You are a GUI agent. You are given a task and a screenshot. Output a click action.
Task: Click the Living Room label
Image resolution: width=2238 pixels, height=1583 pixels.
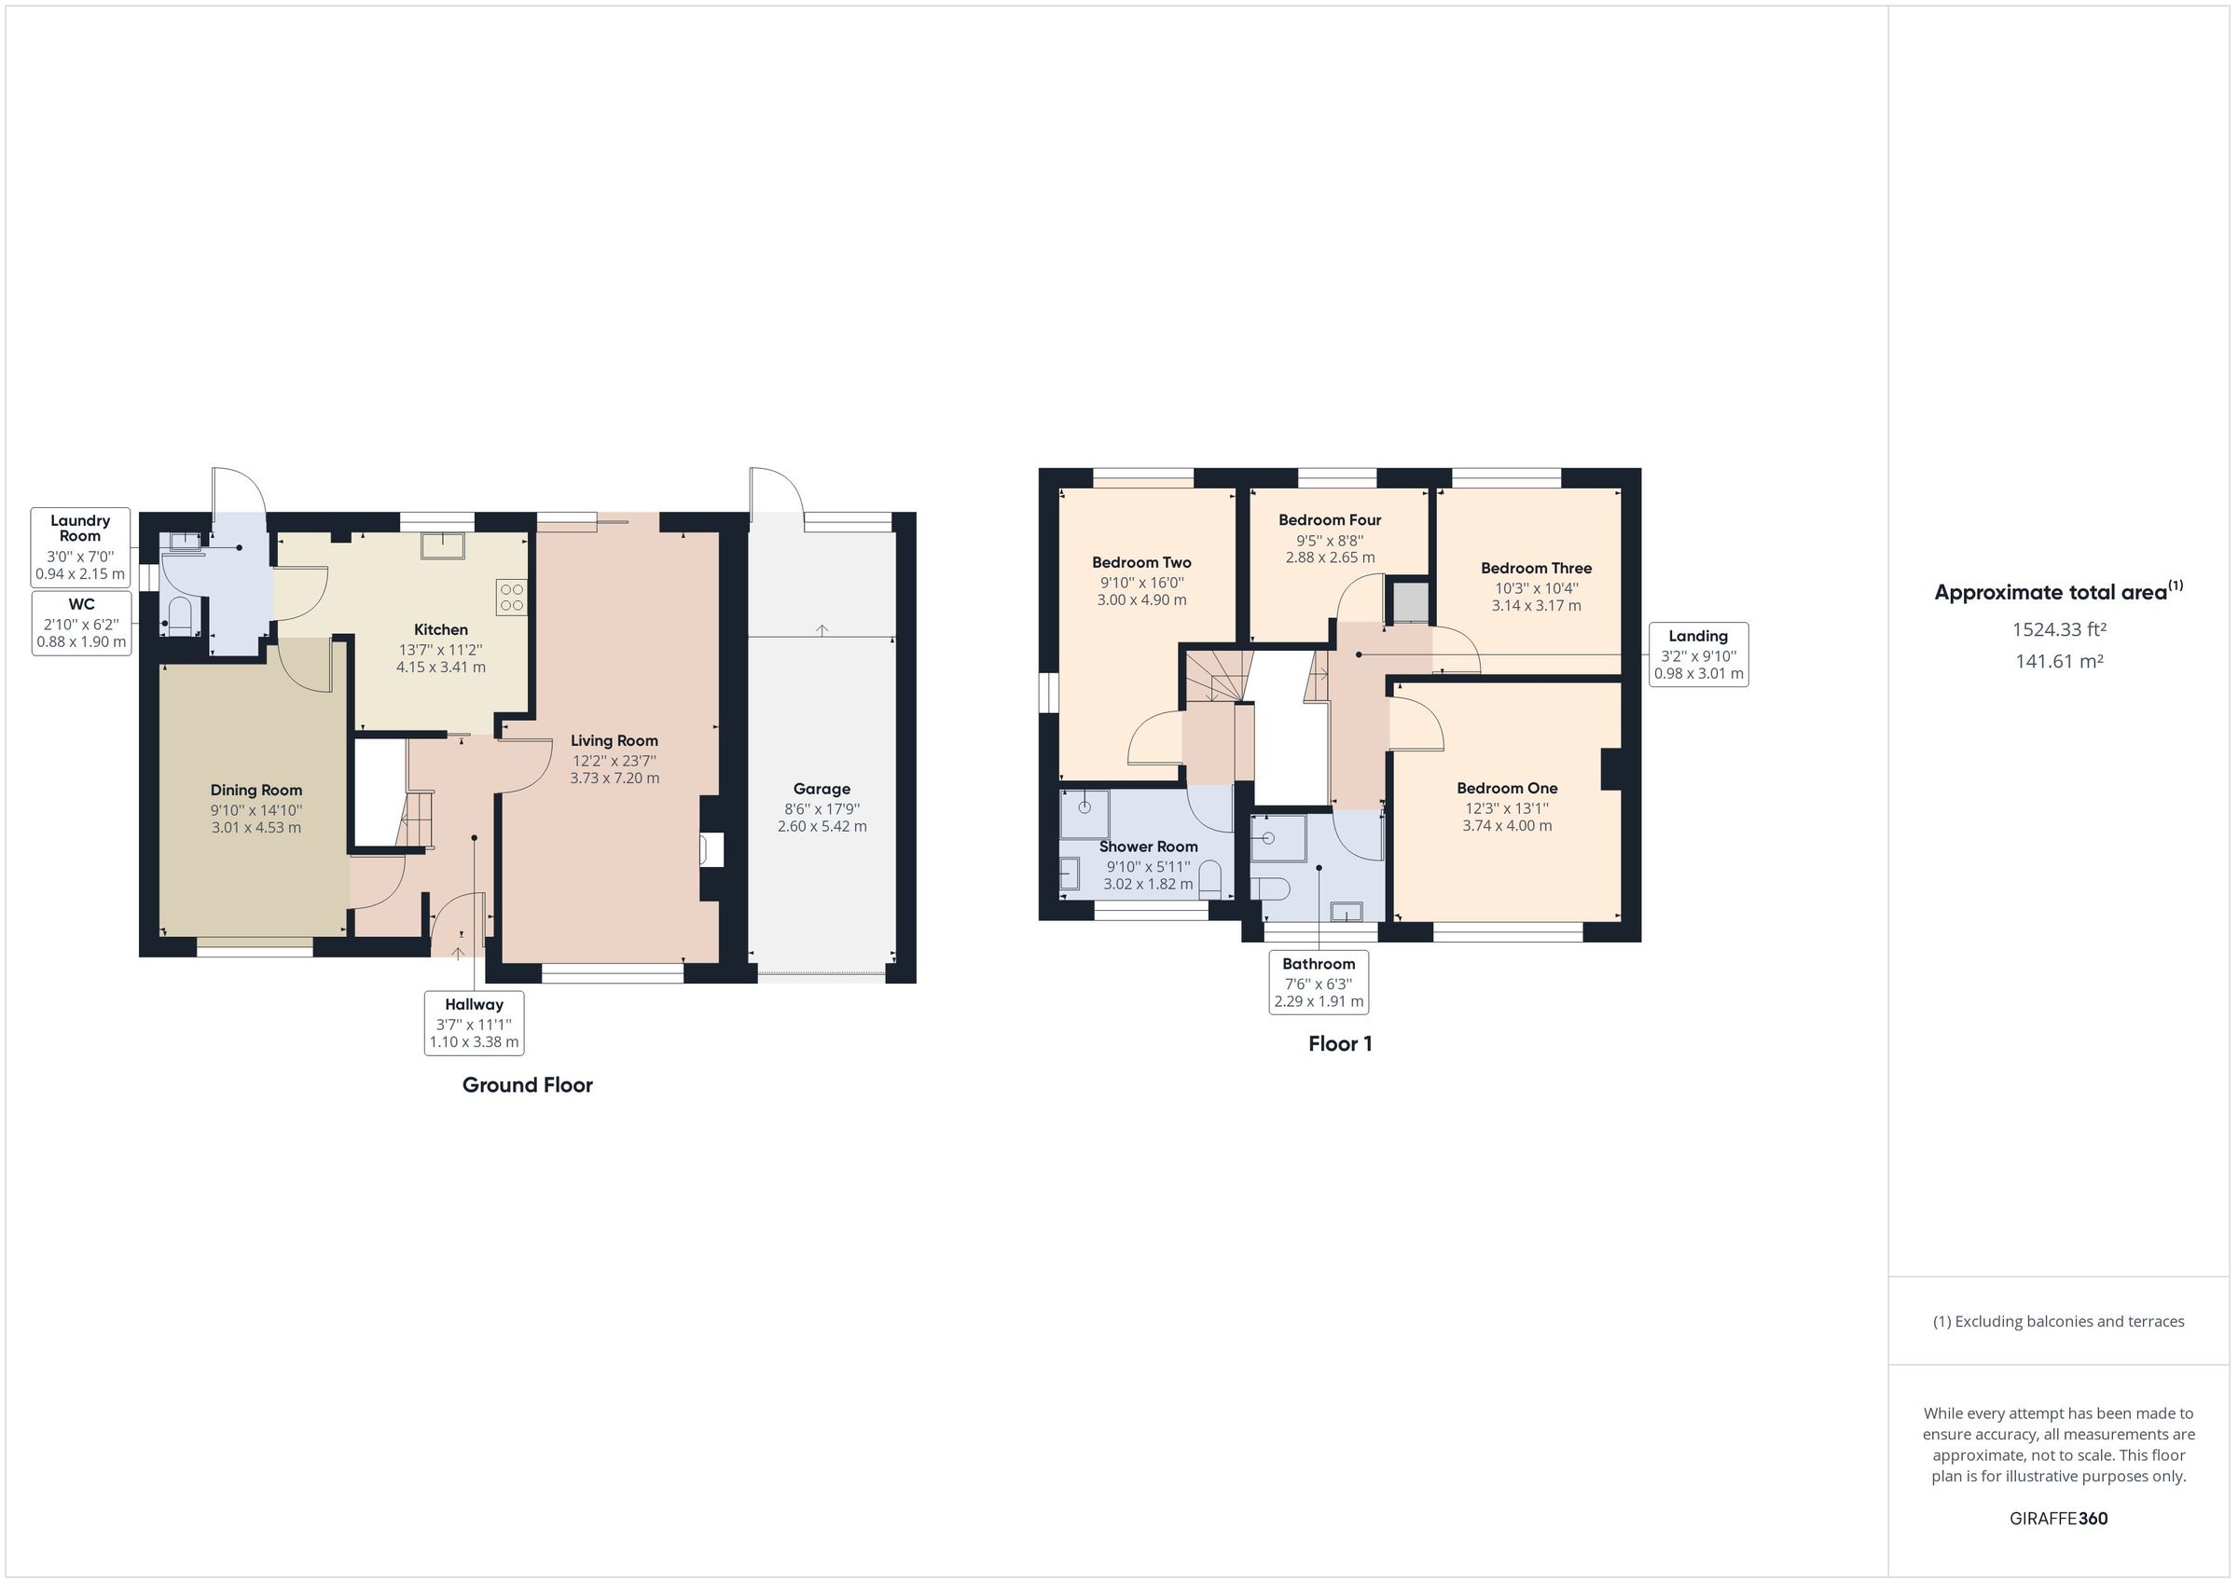click(x=615, y=741)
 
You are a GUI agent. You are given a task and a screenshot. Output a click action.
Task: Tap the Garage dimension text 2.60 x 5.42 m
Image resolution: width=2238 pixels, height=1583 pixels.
click(x=822, y=827)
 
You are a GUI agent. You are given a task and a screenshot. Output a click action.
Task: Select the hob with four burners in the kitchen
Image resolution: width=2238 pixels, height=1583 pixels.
click(x=512, y=598)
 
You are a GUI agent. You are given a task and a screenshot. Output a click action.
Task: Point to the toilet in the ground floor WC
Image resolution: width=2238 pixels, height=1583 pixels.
click(x=179, y=617)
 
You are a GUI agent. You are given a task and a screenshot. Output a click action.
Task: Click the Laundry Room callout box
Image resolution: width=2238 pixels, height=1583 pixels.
click(x=80, y=547)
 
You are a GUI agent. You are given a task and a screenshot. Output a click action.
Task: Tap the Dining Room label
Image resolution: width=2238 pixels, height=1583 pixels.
click(x=256, y=791)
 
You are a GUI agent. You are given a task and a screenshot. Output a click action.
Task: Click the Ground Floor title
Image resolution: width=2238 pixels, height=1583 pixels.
click(x=528, y=1085)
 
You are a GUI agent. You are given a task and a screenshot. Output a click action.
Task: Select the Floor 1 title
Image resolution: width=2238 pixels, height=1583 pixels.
click(x=1340, y=1044)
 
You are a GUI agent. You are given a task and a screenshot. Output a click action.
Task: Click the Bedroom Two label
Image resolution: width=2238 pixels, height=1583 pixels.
click(x=1141, y=562)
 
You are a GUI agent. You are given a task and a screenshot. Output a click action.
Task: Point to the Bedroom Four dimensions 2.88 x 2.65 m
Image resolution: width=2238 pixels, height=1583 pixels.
click(x=1331, y=557)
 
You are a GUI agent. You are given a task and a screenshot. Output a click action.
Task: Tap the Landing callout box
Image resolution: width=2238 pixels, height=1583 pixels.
click(x=1699, y=654)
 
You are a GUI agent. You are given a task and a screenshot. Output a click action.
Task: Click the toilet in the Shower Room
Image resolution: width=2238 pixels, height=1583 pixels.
click(x=1209, y=879)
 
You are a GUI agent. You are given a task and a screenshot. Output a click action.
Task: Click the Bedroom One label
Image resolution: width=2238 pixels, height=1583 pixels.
click(x=1507, y=789)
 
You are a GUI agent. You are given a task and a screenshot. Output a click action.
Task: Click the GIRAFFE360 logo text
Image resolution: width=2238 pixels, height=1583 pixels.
click(x=2059, y=1519)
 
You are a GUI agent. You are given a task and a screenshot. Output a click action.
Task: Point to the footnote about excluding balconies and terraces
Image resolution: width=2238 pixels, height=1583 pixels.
click(x=2059, y=1322)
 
